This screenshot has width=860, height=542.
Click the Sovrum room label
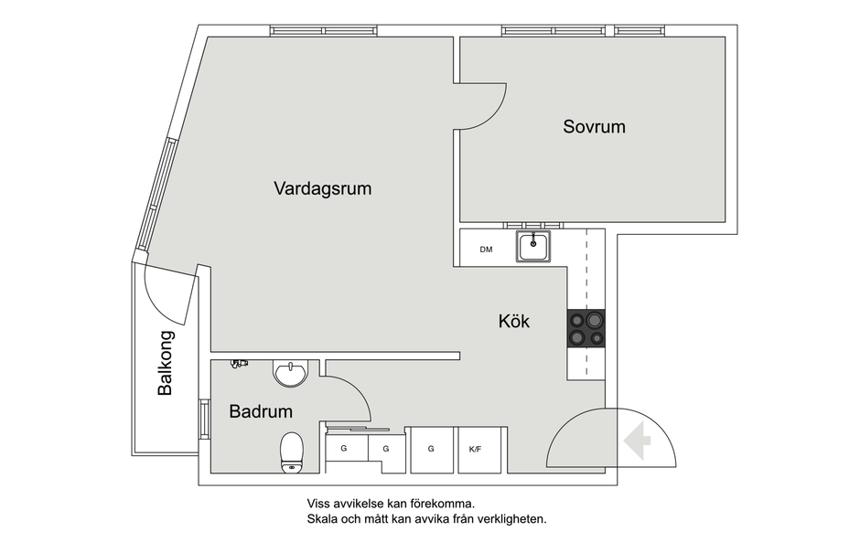tap(594, 127)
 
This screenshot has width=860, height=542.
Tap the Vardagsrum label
tap(322, 188)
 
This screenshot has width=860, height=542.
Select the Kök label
tap(514, 321)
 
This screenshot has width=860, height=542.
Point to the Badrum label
tap(261, 411)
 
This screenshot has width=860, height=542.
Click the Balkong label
tap(165, 363)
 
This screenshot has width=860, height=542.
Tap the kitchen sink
tap(533, 247)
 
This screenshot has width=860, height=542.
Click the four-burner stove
tap(586, 328)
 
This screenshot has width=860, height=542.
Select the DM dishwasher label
tap(486, 250)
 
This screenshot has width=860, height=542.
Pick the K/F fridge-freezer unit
tap(479, 450)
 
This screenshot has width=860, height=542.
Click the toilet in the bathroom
tap(292, 452)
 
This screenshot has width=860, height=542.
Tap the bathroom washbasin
tap(291, 374)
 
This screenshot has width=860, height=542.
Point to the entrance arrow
tap(637, 441)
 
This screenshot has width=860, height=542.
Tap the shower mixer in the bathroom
tap(239, 364)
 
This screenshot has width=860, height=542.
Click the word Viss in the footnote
tap(318, 504)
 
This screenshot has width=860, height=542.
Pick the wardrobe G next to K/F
tap(432, 450)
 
